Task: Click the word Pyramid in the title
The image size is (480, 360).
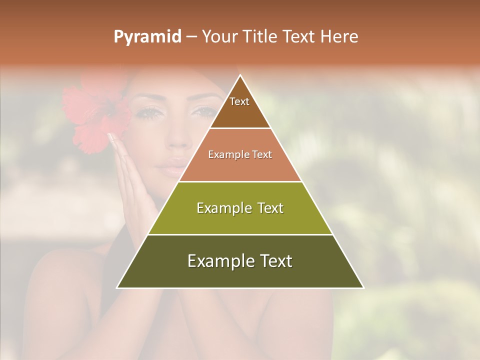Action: pos(147,37)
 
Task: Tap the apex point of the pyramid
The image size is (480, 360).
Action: pos(240,76)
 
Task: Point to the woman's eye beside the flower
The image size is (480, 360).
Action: pos(149,112)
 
